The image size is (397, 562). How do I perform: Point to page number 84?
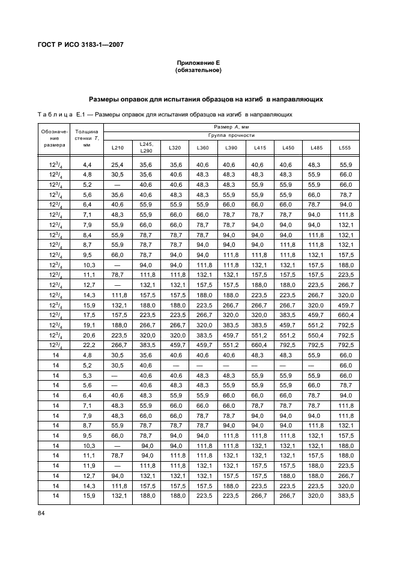[41, 512]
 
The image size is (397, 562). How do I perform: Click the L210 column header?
[118, 148]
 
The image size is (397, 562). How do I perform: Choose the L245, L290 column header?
[147, 148]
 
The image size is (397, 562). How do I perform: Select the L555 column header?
[345, 148]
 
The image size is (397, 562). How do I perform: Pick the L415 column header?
[259, 148]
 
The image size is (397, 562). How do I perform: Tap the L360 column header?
[202, 148]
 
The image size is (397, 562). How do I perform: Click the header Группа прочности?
[231, 135]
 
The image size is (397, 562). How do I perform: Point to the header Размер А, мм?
[231, 127]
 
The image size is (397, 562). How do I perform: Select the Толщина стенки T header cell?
[86, 140]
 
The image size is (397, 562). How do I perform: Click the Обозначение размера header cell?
[54, 140]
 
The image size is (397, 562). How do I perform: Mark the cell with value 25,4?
[118, 165]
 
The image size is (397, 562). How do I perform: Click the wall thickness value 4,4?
[86, 165]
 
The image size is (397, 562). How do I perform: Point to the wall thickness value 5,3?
[86, 375]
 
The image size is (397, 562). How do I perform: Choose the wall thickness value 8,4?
[86, 235]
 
